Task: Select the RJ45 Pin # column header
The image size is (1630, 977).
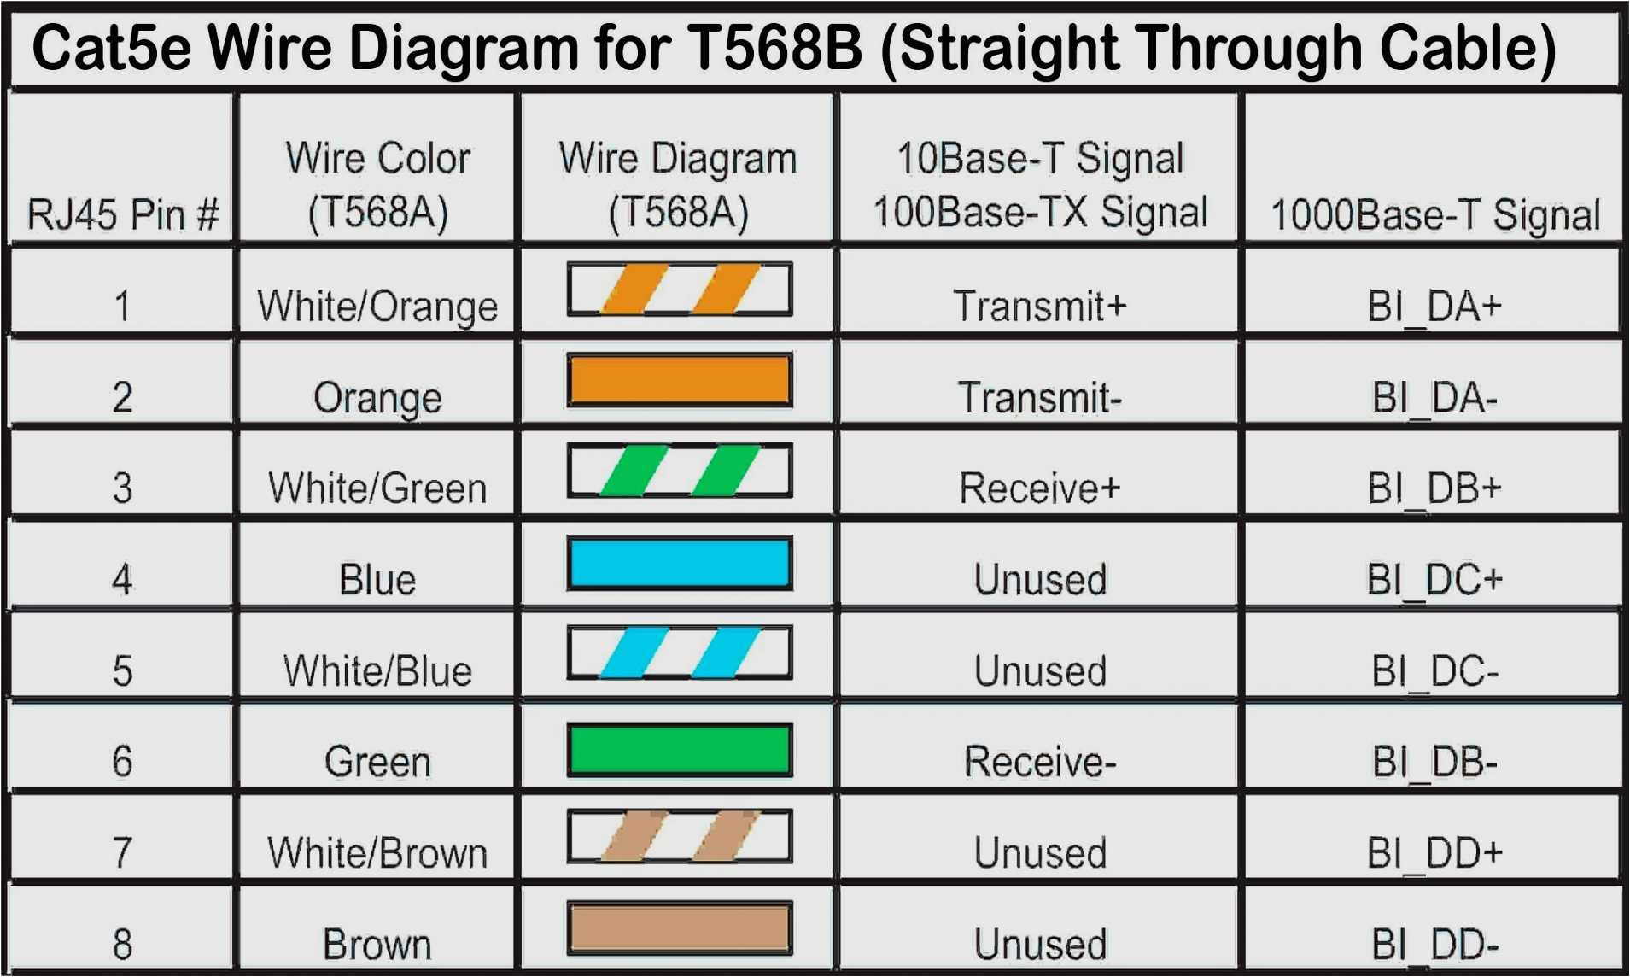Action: click(x=123, y=214)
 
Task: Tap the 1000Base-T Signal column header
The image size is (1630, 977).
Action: click(x=1435, y=214)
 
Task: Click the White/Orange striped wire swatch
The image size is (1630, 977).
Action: click(x=680, y=290)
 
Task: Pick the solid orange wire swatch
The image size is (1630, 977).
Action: click(x=680, y=380)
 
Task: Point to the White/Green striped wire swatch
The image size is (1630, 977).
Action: click(x=680, y=471)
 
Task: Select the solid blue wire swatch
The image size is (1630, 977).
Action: click(x=680, y=563)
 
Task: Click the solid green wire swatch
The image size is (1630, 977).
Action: click(x=680, y=749)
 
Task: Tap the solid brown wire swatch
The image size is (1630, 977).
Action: click(x=680, y=928)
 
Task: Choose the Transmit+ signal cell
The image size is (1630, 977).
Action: click(x=1039, y=306)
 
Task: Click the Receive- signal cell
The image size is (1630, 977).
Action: click(x=1039, y=761)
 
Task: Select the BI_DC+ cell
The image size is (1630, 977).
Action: click(x=1434, y=580)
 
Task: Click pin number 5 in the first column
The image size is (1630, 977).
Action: click(x=122, y=670)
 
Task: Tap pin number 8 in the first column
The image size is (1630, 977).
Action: click(x=122, y=944)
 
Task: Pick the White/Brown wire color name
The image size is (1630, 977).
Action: click(x=377, y=852)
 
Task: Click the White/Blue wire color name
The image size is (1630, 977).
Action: click(x=377, y=670)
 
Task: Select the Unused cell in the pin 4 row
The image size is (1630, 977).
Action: click(x=1040, y=580)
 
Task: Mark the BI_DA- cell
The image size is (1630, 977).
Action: click(x=1434, y=397)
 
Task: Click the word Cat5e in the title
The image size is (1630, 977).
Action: click(x=112, y=48)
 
